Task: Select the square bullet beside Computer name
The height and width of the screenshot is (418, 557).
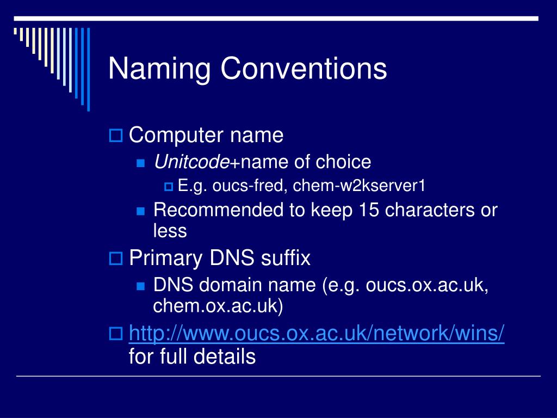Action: [115, 135]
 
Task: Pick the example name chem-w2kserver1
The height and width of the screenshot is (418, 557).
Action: [358, 187]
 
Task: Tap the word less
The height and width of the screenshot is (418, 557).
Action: [170, 231]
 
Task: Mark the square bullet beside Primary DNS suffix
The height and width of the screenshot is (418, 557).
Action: [115, 258]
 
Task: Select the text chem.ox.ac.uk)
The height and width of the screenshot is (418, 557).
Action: [218, 306]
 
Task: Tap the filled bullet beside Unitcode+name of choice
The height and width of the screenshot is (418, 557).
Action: [140, 163]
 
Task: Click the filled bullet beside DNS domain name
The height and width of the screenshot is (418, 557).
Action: [140, 286]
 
